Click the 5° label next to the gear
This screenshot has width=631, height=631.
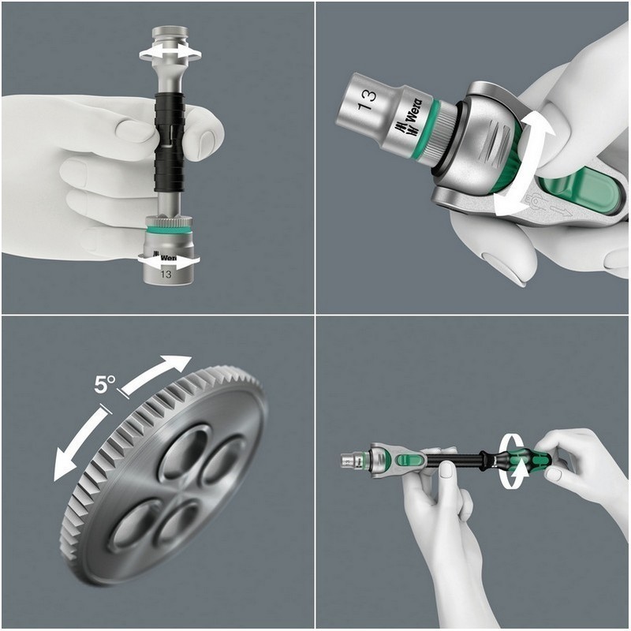[105, 384]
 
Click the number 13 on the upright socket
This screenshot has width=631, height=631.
[166, 274]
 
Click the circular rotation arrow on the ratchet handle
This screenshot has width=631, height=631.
[513, 457]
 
